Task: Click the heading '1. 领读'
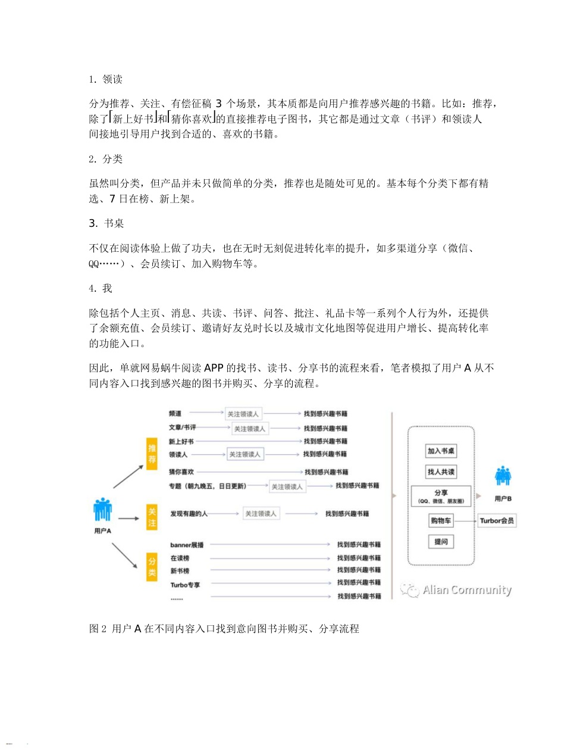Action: tap(106, 79)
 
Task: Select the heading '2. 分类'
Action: tap(106, 159)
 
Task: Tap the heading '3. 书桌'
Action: tap(106, 223)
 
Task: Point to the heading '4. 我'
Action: tap(101, 288)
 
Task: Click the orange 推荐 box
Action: tap(152, 454)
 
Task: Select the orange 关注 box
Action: tap(152, 517)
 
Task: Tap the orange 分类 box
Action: tap(152, 567)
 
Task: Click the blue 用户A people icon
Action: tap(102, 510)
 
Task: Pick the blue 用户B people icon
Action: tap(503, 476)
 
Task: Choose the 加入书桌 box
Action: tap(441, 451)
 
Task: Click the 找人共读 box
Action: tap(441, 472)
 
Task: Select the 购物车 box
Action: tap(441, 521)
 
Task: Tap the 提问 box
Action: tap(441, 541)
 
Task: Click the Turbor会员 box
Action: tap(497, 521)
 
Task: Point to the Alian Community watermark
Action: tap(456, 590)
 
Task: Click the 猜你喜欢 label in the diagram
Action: tap(181, 472)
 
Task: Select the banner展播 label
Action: tap(187, 545)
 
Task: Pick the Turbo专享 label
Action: tap(185, 585)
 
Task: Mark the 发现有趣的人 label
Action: tap(189, 513)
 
